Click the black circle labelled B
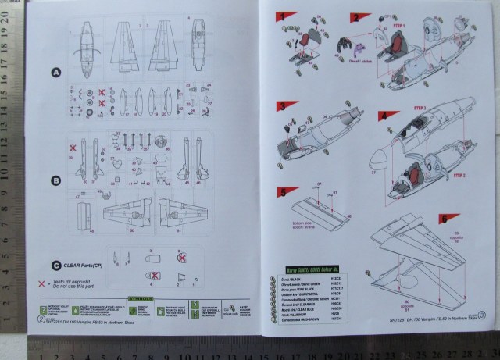[x=55, y=181]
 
